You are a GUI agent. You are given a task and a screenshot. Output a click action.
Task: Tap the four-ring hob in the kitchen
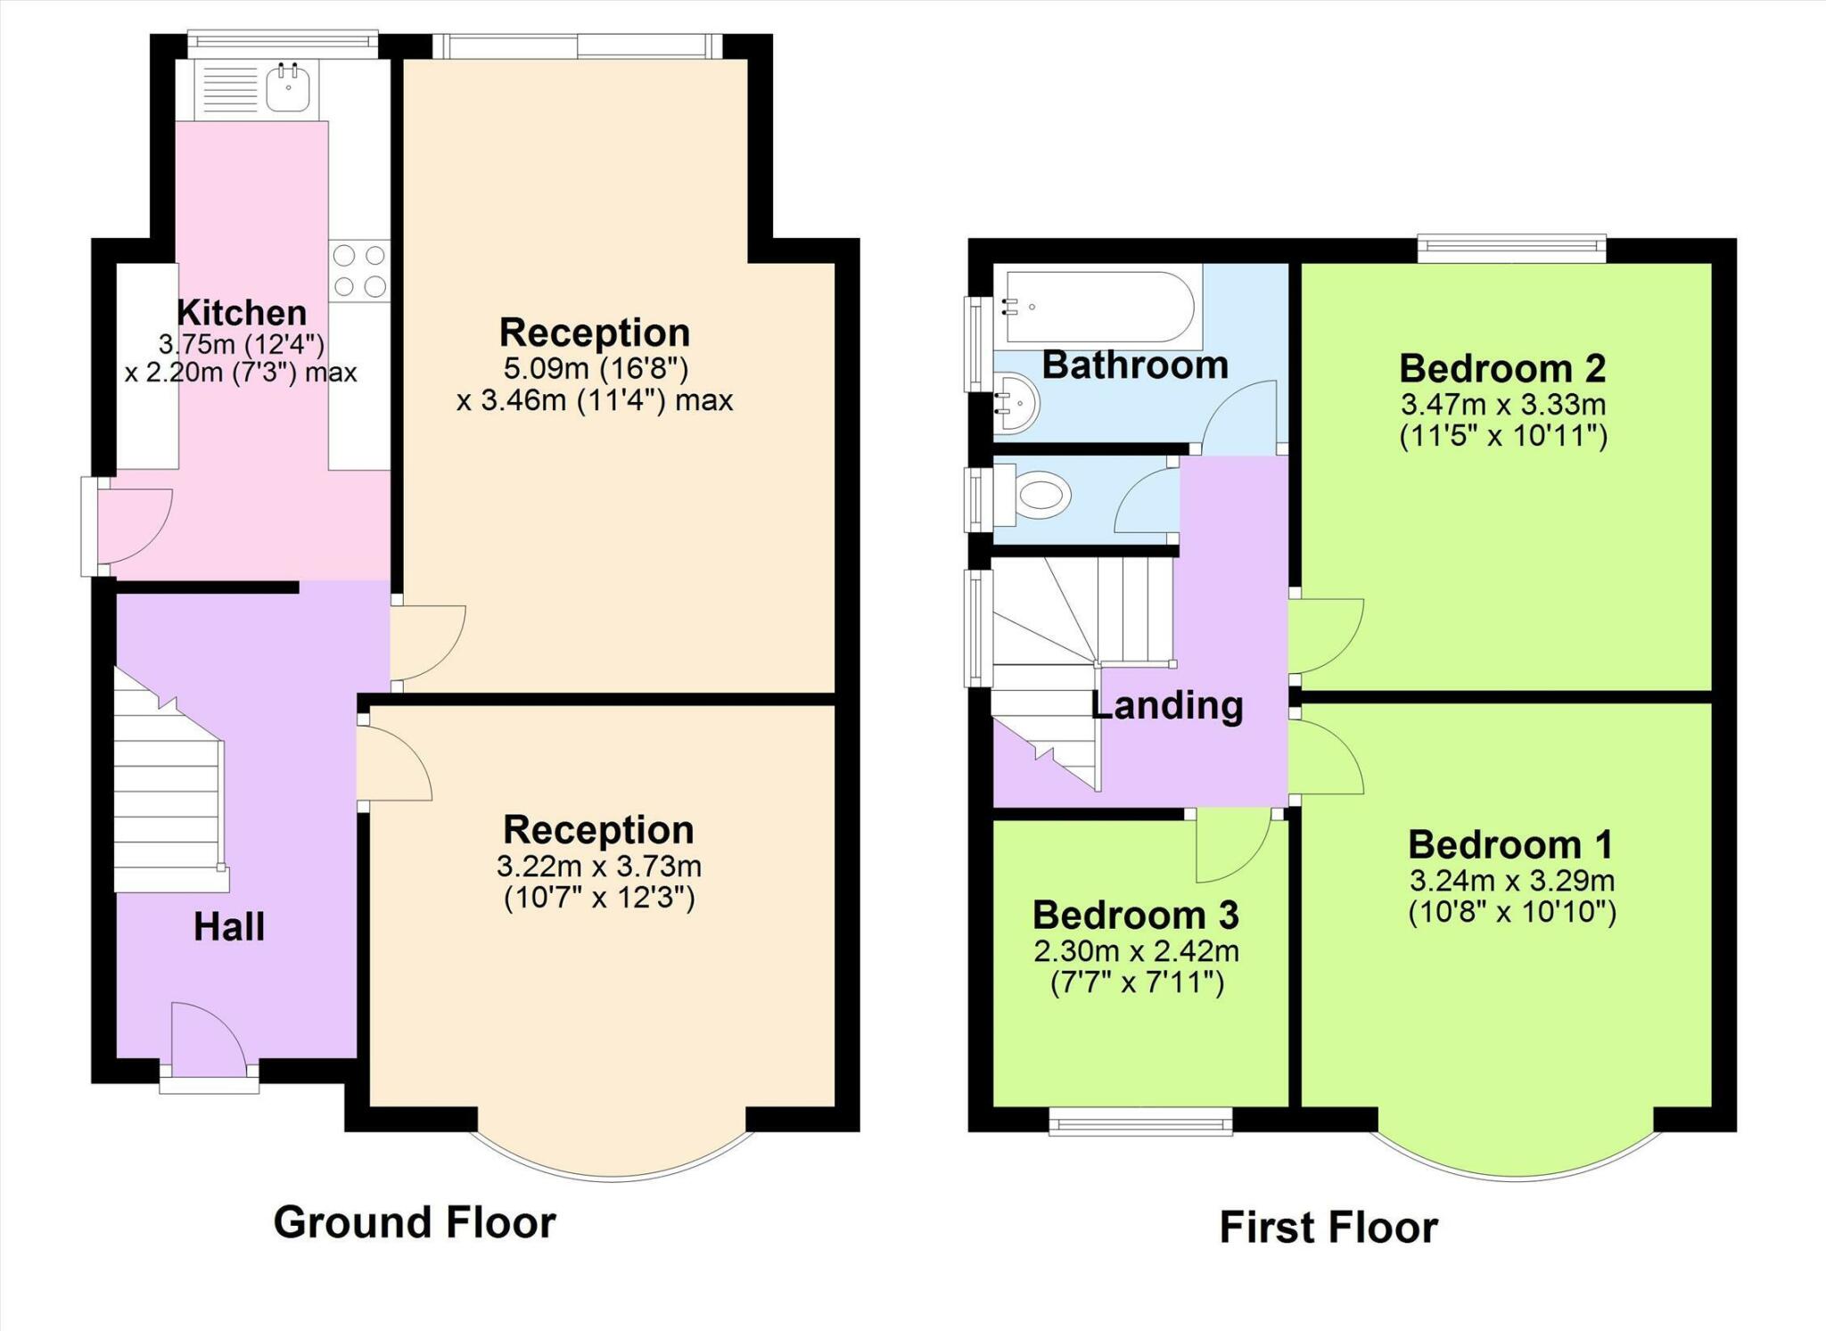click(359, 270)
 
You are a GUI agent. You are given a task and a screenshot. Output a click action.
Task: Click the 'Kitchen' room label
click(242, 313)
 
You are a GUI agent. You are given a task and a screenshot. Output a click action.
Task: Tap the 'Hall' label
click(229, 927)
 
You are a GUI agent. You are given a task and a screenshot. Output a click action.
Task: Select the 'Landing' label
click(1167, 705)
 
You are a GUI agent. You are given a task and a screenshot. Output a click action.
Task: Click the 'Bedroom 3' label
click(1136, 916)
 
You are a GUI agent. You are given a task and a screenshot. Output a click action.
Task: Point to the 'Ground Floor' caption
click(415, 1222)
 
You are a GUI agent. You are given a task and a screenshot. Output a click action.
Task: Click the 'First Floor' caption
click(1328, 1228)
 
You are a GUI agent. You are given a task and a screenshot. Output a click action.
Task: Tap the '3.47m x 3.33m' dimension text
click(1503, 405)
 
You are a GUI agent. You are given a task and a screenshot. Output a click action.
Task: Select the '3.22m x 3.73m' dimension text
click(599, 866)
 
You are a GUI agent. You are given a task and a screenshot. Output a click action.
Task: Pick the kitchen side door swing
click(135, 526)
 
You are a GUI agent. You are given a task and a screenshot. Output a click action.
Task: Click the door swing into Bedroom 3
click(1233, 845)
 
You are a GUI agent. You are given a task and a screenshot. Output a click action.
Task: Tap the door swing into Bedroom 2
click(1327, 635)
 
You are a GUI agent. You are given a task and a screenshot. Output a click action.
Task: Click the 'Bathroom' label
click(1135, 366)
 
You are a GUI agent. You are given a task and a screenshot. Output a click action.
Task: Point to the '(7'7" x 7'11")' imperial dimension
click(1136, 983)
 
